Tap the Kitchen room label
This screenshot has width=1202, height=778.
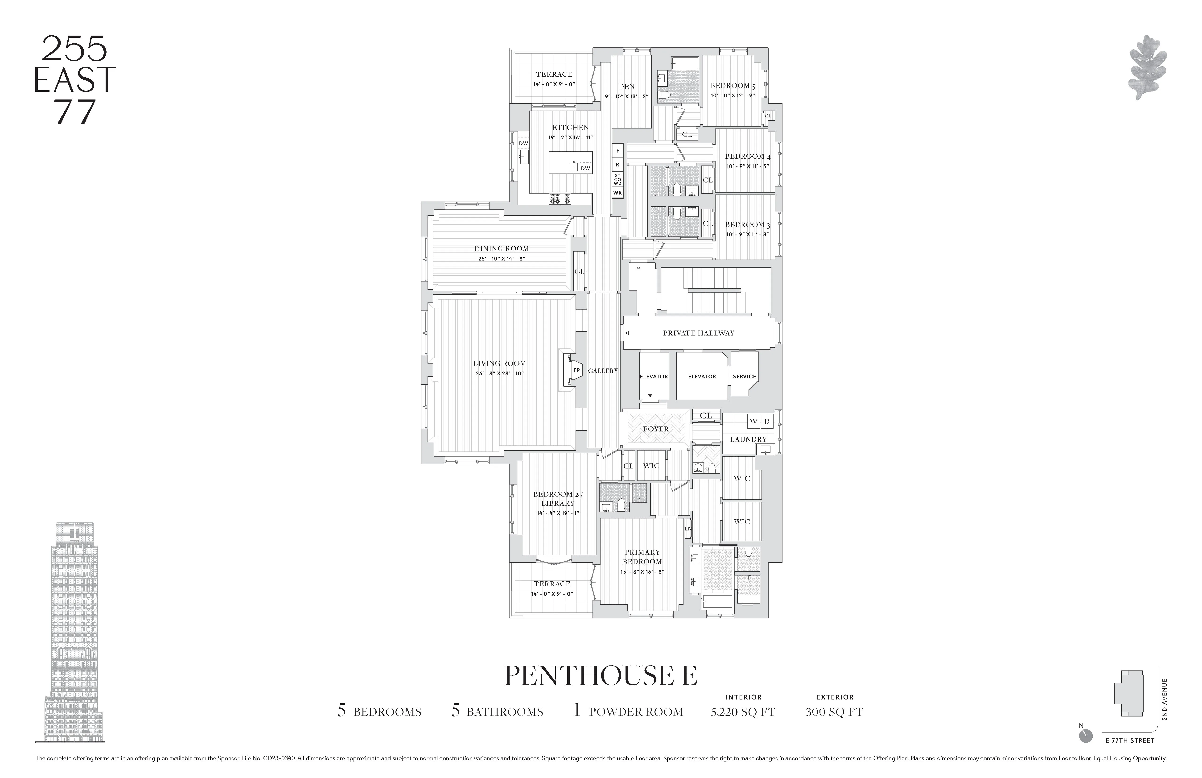(570, 127)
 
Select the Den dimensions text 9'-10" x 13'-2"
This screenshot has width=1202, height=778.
(626, 96)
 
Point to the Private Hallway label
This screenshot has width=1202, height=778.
(699, 333)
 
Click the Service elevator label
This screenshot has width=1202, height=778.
(745, 376)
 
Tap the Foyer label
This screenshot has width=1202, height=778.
(655, 429)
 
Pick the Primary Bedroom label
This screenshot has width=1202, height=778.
(642, 557)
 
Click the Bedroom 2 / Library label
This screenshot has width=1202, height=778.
(558, 499)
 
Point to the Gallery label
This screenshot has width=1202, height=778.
(602, 371)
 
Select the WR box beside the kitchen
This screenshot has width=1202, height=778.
(617, 192)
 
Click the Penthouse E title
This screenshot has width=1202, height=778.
(601, 676)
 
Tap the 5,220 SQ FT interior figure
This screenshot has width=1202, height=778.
(743, 712)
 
